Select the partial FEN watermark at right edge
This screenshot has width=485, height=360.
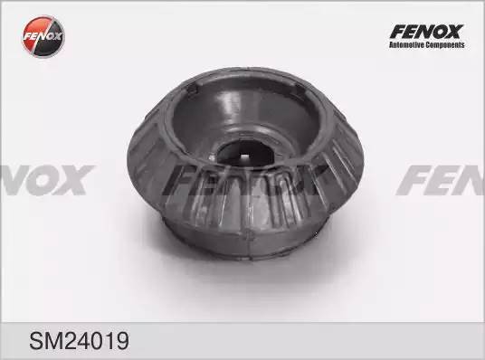pos(443,179)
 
